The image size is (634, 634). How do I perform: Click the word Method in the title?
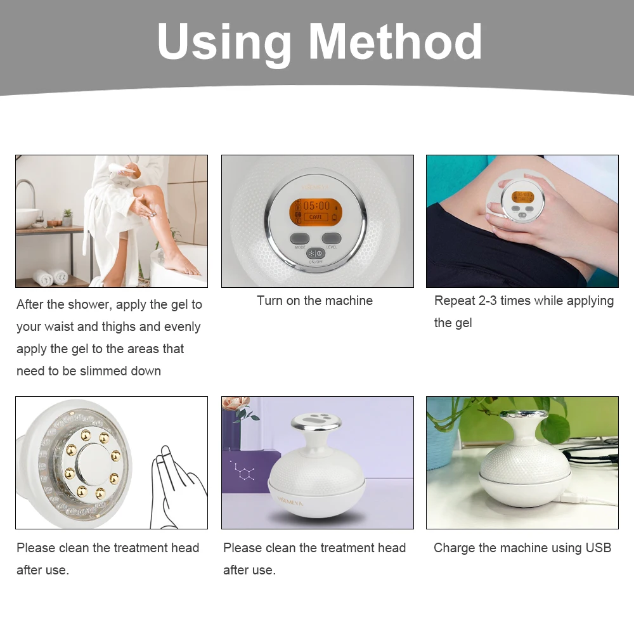coord(396,42)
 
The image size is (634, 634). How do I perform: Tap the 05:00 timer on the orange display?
coord(316,205)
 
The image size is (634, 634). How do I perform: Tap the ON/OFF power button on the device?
coord(316,252)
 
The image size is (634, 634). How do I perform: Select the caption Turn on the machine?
coord(314,301)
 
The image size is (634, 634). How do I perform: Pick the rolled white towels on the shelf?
coord(51,277)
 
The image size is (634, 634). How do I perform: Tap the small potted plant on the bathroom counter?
coord(67,217)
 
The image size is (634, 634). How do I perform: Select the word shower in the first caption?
coord(91,304)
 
